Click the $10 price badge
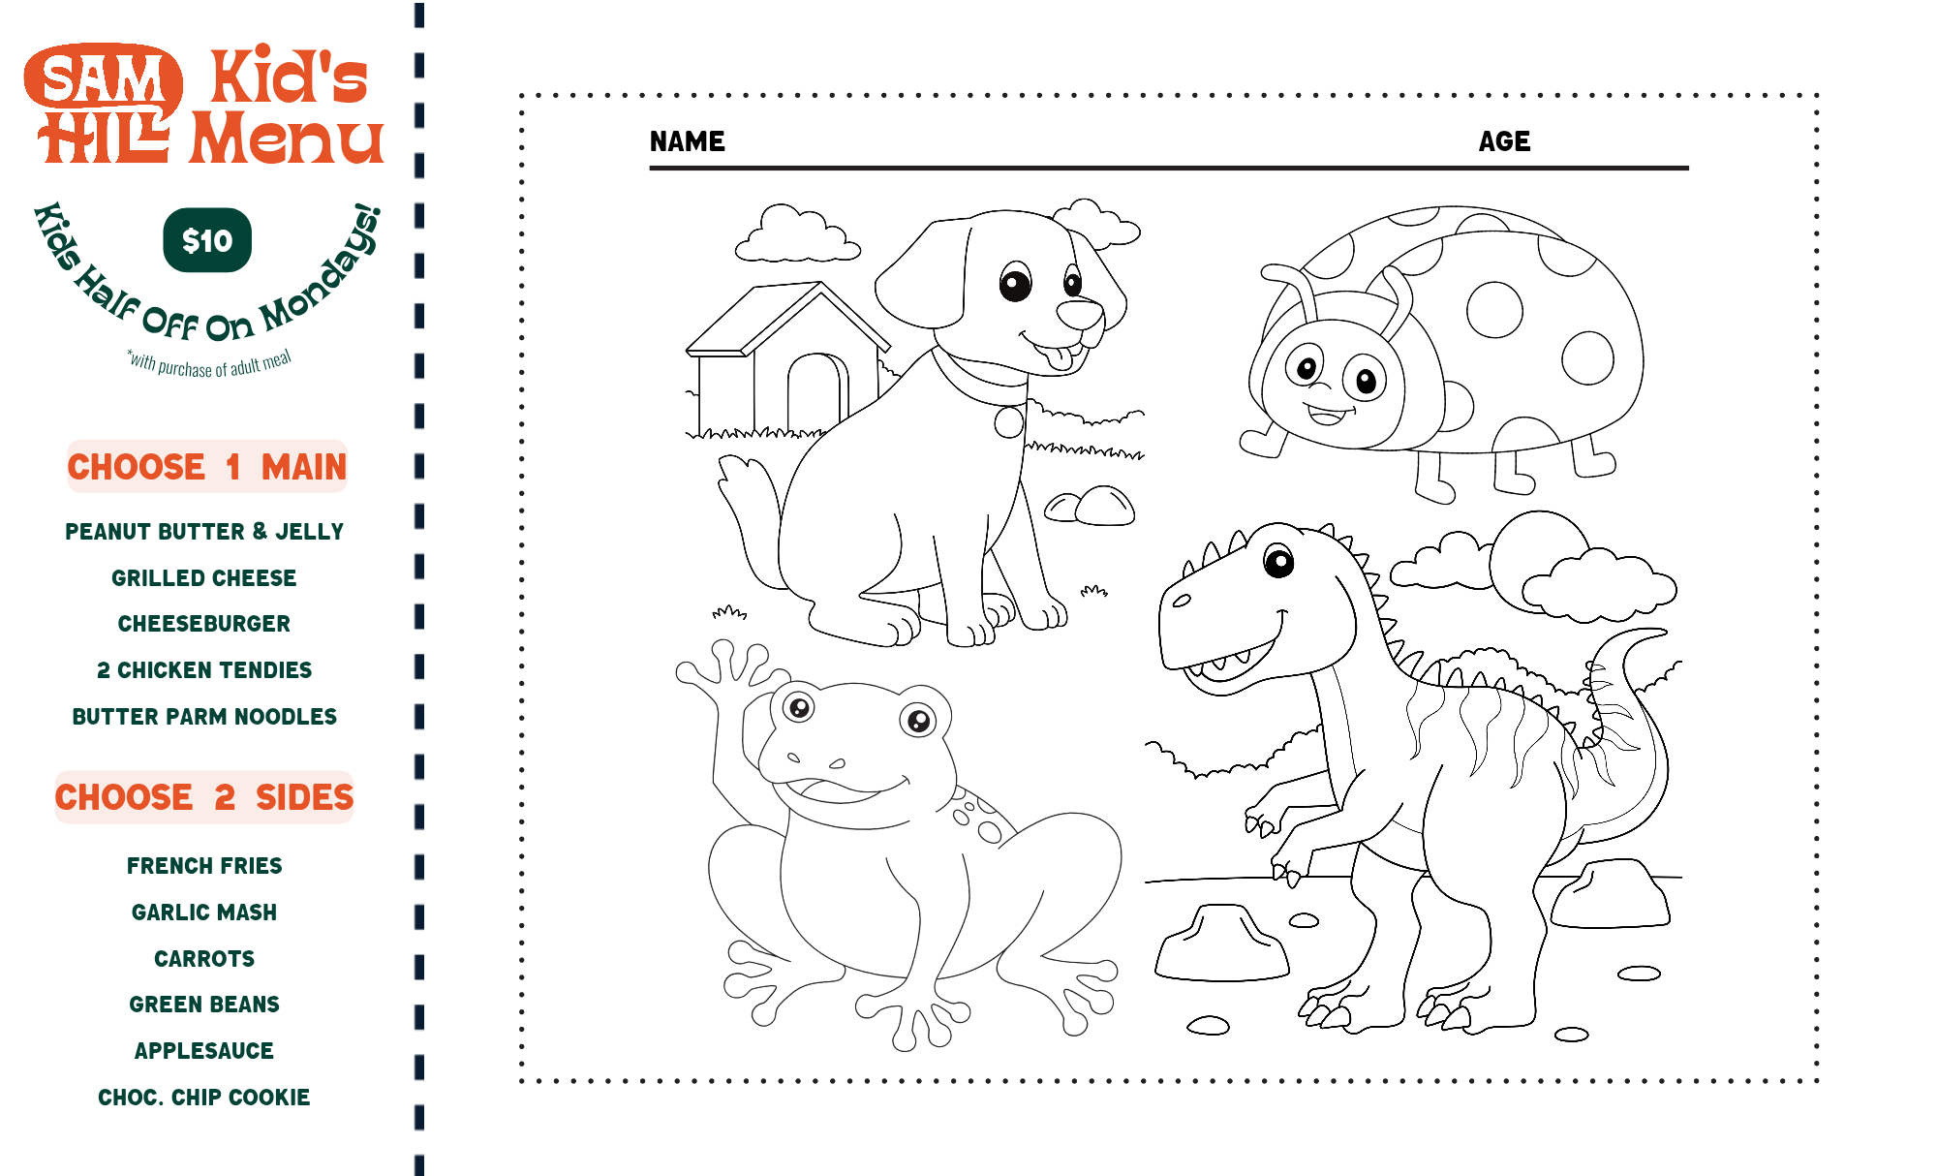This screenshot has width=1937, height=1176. tap(207, 240)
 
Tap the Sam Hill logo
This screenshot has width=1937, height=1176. tap(104, 104)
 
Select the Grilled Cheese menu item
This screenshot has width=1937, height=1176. tap(204, 578)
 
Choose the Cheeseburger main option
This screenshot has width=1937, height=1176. tap(204, 624)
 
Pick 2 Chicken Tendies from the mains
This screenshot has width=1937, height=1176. tap(204, 670)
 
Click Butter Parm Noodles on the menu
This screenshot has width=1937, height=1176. tap(204, 717)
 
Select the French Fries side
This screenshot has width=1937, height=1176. tap(204, 866)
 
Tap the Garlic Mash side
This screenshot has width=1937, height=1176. tap(204, 913)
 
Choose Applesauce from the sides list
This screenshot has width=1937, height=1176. tap(204, 1051)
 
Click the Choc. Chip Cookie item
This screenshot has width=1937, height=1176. tap(204, 1098)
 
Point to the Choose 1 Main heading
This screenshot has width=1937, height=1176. tap(206, 467)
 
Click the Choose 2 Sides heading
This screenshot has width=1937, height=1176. tap(204, 797)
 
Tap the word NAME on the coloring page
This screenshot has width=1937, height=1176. tap(688, 141)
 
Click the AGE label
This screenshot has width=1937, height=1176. tap(1504, 141)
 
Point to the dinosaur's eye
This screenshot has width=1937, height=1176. tap(1279, 561)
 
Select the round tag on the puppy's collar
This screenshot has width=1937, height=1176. tap(1009, 422)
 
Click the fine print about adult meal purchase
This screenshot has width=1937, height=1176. tap(209, 363)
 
